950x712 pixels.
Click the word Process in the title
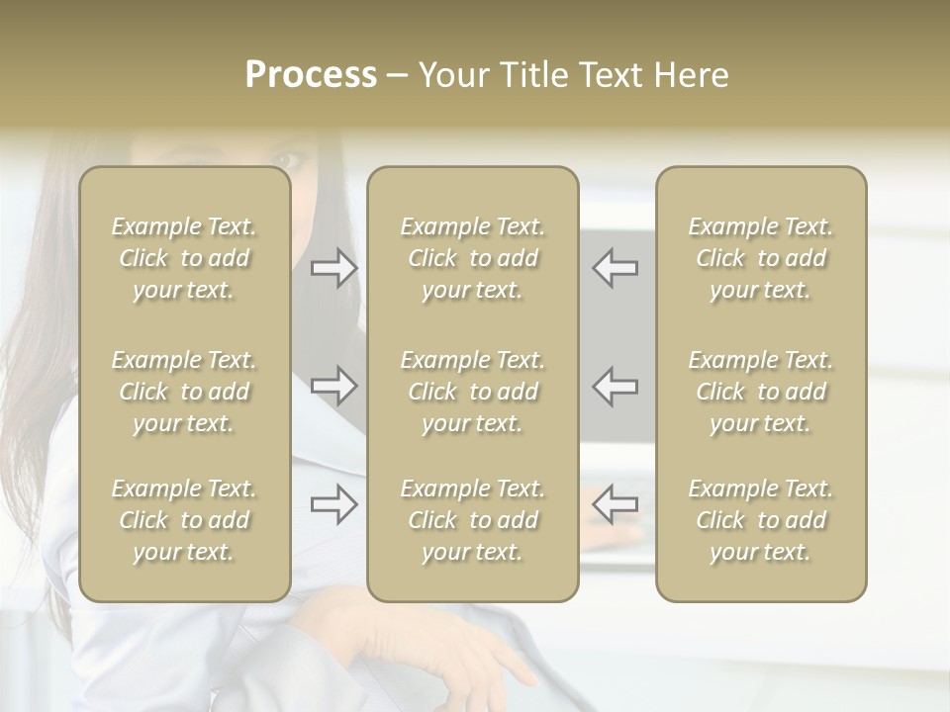coord(311,75)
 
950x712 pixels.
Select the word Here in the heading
coord(689,75)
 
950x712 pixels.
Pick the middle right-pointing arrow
coord(334,386)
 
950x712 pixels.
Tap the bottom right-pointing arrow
coord(334,504)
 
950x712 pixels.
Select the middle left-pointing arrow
coord(615,386)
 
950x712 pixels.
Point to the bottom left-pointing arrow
coord(615,504)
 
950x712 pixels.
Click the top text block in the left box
coord(184,258)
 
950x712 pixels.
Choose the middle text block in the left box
coord(184,392)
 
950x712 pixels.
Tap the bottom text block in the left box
coord(184,520)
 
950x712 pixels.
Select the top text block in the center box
coord(472,258)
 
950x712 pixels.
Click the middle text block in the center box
coord(472,392)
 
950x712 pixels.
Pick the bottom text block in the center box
coord(472,520)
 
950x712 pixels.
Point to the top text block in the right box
coord(760,258)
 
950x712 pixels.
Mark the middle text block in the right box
coord(760,392)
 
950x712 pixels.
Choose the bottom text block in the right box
coord(760,520)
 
